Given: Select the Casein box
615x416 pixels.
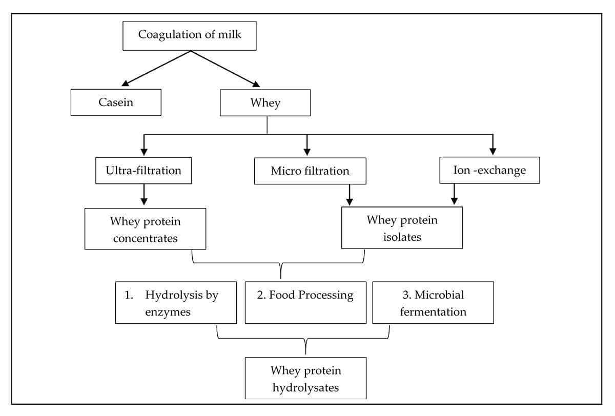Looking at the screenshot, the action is pos(116,102).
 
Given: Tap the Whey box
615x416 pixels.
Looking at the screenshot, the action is pos(265,102).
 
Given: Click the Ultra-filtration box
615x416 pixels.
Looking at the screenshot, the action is pos(143,170).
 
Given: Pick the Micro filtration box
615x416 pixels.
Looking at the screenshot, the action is pos(310,171).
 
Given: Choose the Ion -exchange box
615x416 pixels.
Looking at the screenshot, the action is pos(489,170).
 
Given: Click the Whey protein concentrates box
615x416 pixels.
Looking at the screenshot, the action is pos(145,229).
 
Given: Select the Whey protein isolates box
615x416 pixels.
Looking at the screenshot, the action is pos(402,227).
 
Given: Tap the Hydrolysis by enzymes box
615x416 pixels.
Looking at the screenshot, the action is pos(176,303).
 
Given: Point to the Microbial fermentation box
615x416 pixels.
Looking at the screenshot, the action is pos(433,303).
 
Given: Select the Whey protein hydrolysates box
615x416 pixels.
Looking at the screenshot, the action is pos(305,378).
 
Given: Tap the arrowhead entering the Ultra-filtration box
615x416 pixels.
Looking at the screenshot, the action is pos(144,151).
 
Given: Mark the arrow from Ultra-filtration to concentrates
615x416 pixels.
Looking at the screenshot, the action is pos(144,195).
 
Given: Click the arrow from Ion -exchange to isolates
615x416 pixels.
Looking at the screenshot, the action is pos(454,195).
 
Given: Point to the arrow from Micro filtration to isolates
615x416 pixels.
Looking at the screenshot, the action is pos(350,195).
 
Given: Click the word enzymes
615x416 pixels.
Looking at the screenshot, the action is pos(168,311).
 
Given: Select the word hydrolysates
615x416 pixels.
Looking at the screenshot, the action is pos(305,387).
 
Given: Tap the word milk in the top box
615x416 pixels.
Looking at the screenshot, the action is pos(230,35).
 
